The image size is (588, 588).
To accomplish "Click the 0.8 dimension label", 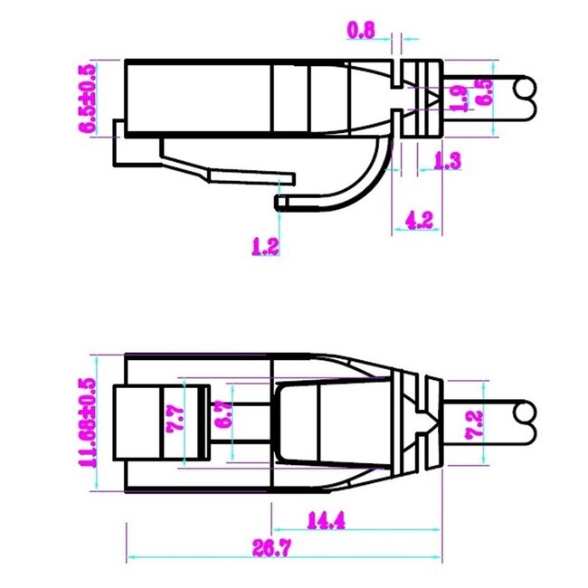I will pyautogui.click(x=361, y=30).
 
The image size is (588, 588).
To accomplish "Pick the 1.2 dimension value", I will pyautogui.click(x=265, y=244).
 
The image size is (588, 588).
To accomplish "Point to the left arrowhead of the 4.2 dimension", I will pyautogui.click(x=397, y=231).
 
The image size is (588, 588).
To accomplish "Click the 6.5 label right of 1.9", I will pyautogui.click(x=485, y=93).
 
